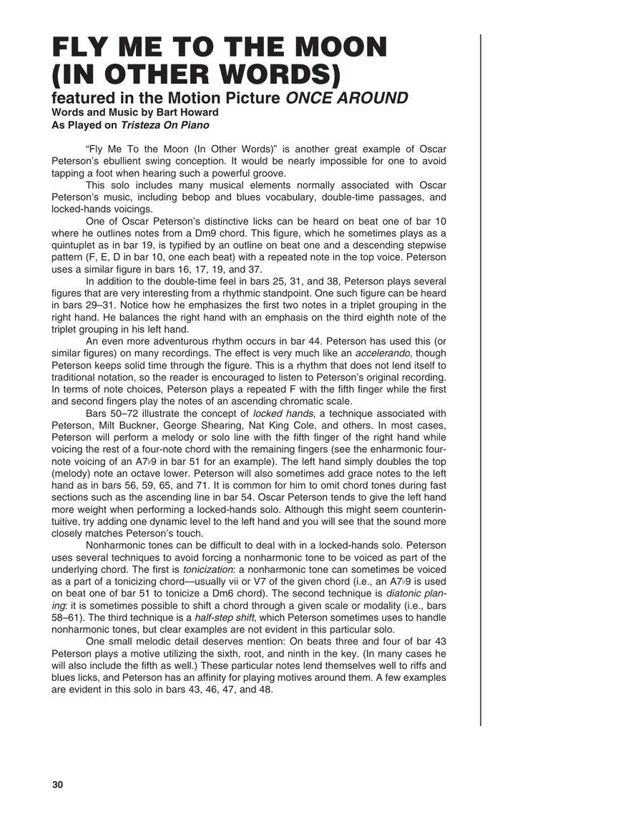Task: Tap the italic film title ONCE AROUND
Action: pyautogui.click(x=347, y=98)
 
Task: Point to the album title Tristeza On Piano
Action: pyautogui.click(x=165, y=125)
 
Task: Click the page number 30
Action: pyautogui.click(x=58, y=785)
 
